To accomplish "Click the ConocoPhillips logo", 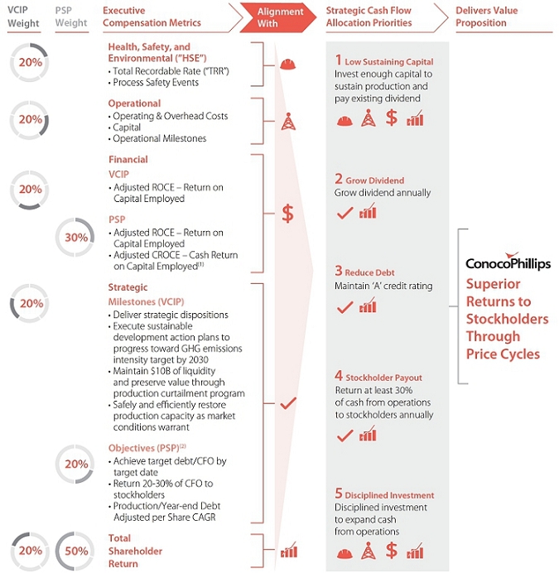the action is pyautogui.click(x=508, y=262).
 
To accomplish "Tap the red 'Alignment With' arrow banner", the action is pyautogui.click(x=278, y=17).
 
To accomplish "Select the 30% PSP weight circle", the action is pyautogui.click(x=75, y=238).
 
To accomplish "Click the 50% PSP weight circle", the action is pyautogui.click(x=75, y=551).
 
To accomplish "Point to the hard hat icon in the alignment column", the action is pyautogui.click(x=287, y=65).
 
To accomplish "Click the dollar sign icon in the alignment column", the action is pyautogui.click(x=287, y=214).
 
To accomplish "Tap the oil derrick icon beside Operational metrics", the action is pyautogui.click(x=288, y=122).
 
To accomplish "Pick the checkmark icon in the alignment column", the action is pyautogui.click(x=288, y=403).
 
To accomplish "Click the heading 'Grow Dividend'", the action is pyautogui.click(x=375, y=181).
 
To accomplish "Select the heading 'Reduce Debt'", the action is pyautogui.click(x=369, y=272).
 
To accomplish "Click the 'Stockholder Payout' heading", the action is pyautogui.click(x=384, y=378).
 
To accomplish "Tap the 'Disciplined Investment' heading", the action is pyautogui.click(x=389, y=495).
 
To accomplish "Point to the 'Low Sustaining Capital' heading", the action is pyautogui.click(x=389, y=62).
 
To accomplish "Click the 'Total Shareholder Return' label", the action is pyautogui.click(x=135, y=551).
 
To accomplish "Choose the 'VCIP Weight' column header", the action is pyautogui.click(x=23, y=17).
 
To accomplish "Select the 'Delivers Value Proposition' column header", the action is pyautogui.click(x=487, y=17).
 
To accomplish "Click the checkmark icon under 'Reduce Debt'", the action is pyautogui.click(x=345, y=307).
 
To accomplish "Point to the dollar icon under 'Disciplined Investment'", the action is pyautogui.click(x=392, y=551).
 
